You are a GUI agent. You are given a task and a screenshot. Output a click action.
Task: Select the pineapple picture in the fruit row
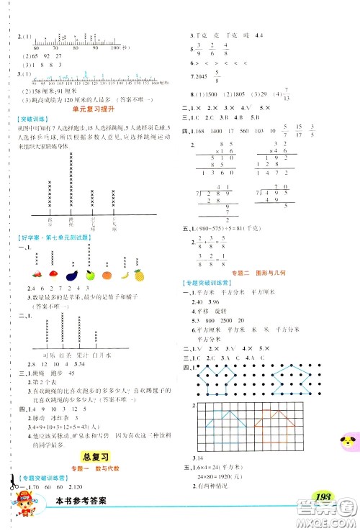(138, 273)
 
